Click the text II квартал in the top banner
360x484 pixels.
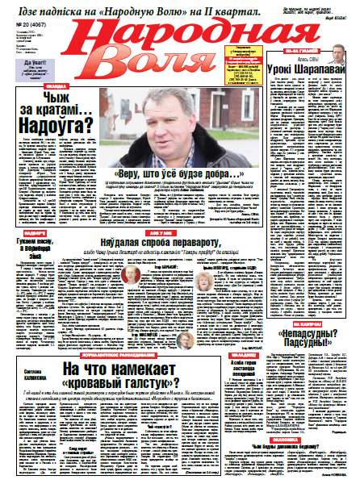click(239, 10)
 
